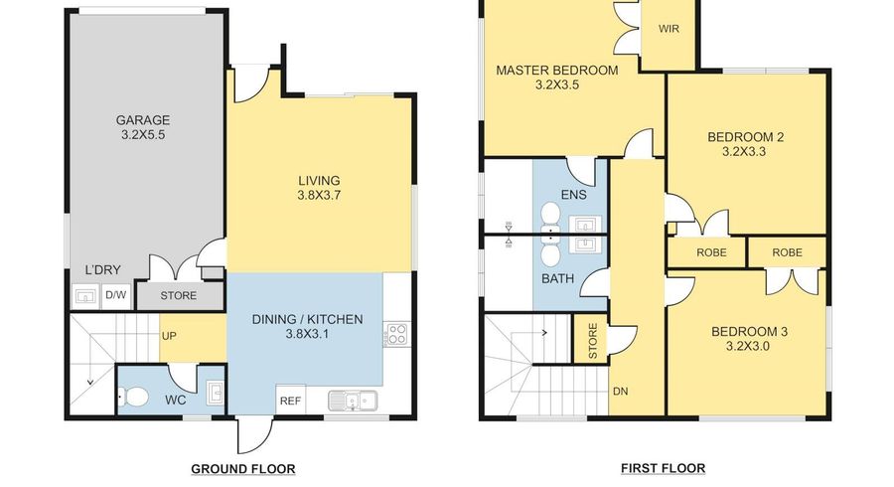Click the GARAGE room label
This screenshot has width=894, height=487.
(x=143, y=120)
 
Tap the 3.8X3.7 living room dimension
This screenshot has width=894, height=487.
(x=319, y=195)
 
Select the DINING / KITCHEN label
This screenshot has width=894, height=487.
(x=307, y=319)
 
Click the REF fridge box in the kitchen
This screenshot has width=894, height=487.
(x=290, y=401)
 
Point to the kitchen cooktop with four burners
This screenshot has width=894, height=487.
(x=396, y=334)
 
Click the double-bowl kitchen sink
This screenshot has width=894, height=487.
(x=353, y=401)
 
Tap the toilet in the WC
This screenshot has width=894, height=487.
(x=133, y=397)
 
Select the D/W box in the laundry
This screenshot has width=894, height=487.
(x=116, y=295)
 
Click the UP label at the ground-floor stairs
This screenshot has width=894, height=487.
(x=169, y=336)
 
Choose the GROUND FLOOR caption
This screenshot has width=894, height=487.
(x=243, y=469)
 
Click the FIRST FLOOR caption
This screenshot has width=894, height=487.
(x=664, y=469)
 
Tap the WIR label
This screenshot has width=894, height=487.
(x=669, y=29)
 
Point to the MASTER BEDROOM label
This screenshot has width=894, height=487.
(x=557, y=71)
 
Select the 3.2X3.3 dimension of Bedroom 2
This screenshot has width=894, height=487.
(x=744, y=152)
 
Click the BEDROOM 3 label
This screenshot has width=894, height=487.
(x=749, y=331)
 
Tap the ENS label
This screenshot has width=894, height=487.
(x=573, y=195)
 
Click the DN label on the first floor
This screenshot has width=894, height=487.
(x=620, y=392)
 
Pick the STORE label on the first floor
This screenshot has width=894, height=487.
(x=592, y=341)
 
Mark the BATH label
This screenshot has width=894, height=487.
(x=557, y=279)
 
